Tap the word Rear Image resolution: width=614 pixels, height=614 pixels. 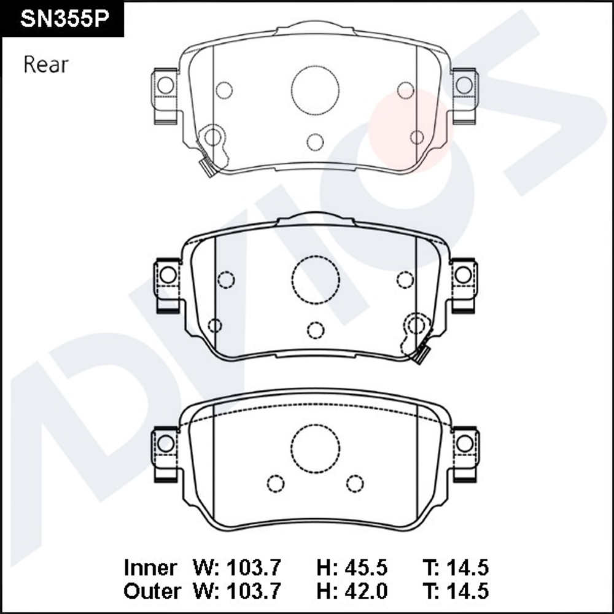coord(46,65)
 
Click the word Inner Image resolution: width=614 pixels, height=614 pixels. coord(150,567)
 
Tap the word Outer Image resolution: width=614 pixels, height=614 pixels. coord(152,591)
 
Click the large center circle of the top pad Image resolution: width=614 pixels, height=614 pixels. coord(316,90)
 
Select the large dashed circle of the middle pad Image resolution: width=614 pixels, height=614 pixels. coord(316,280)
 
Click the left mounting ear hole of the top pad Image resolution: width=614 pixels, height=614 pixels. coord(165,85)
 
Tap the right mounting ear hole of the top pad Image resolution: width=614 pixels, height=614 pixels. coord(464,85)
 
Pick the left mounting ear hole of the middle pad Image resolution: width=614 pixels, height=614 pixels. coord(168,275)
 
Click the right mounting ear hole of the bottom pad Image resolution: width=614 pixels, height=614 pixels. coord(464,443)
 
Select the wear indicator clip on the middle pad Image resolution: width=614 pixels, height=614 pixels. coord(421,354)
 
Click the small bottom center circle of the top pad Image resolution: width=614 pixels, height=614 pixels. coord(315,142)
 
